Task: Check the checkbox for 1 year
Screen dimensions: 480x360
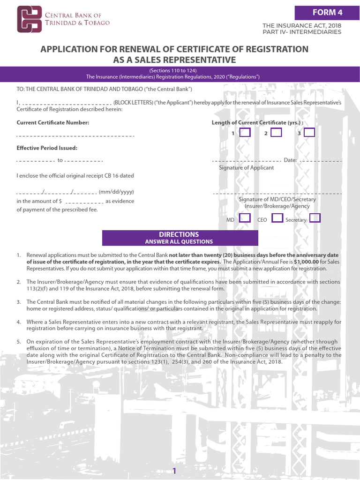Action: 245,133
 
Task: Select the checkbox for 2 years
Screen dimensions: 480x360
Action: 277,133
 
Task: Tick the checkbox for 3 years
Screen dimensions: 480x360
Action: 309,133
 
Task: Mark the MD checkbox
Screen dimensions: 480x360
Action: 245,218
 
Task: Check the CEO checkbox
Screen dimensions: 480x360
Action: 277,218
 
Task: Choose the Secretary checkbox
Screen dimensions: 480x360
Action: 315,218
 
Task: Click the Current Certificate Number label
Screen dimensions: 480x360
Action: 52,123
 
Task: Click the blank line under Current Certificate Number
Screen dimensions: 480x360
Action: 75,136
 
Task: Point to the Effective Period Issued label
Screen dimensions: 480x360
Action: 47,148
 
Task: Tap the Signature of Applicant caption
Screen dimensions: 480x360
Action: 246,168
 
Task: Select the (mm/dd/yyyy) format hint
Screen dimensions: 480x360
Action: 116,192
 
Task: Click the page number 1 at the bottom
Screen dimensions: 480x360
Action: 174,471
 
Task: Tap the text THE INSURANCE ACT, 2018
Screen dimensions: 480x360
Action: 301,25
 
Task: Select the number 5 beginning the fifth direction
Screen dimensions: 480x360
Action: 19,342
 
